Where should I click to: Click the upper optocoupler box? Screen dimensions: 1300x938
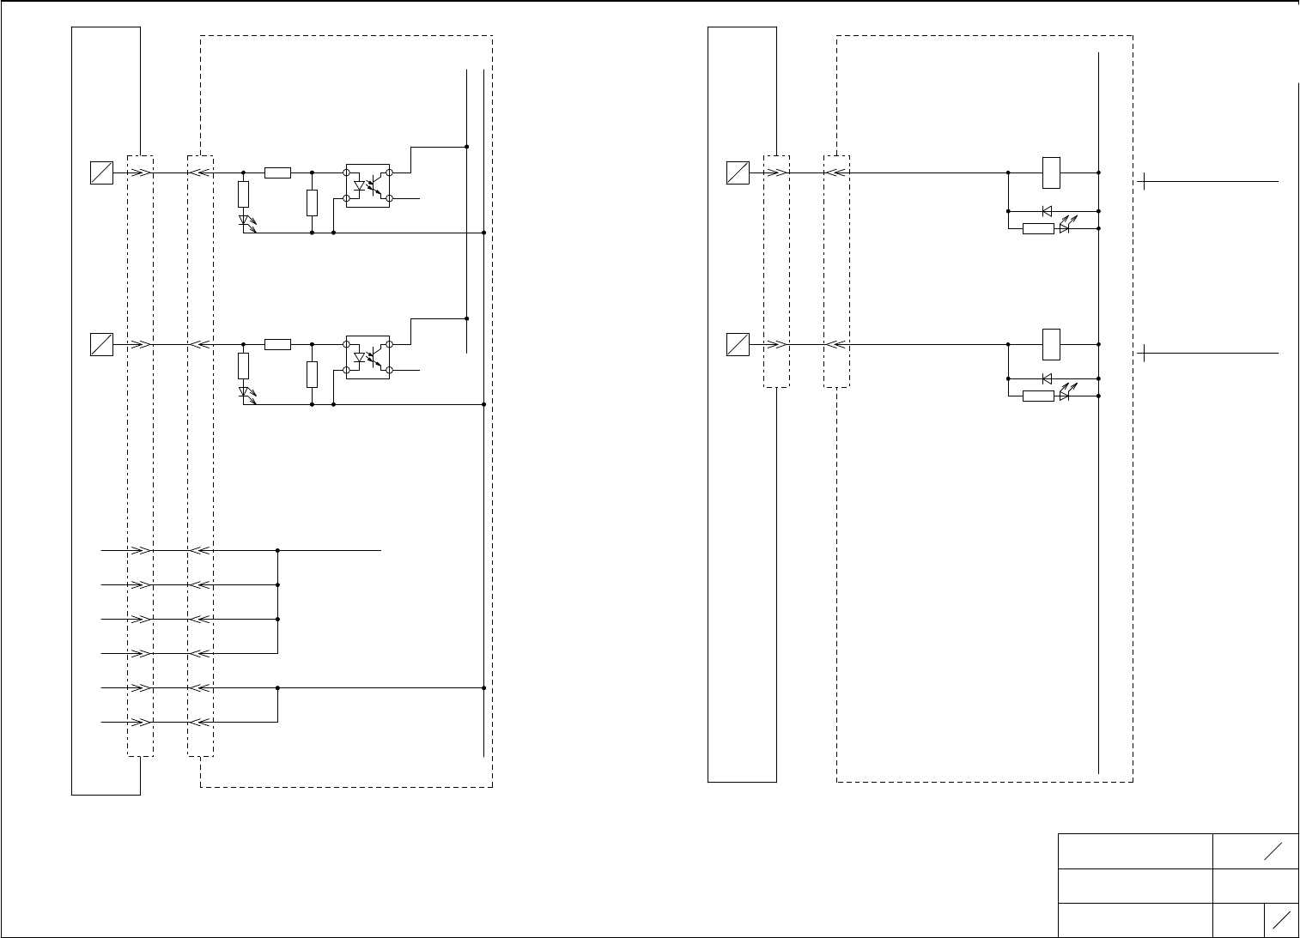click(368, 185)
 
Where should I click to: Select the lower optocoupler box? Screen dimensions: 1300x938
click(368, 357)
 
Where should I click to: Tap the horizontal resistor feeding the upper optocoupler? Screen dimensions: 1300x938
click(277, 172)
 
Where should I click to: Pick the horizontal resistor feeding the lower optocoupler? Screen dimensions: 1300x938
click(277, 344)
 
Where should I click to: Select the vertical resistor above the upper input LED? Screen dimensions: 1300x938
click(244, 193)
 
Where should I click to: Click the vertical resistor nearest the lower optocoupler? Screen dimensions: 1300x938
click(312, 374)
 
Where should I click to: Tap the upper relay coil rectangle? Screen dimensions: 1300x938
click(1051, 172)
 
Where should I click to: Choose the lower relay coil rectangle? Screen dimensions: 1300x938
click(1051, 344)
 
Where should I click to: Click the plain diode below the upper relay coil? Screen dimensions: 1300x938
click(1047, 210)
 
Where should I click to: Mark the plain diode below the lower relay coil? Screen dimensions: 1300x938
click(1047, 378)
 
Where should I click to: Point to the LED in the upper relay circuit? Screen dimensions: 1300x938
click(1064, 228)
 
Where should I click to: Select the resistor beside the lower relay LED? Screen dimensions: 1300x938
click(1038, 396)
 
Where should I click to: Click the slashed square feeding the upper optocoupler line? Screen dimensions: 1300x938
click(101, 172)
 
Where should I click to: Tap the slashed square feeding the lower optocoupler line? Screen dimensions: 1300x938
click(101, 344)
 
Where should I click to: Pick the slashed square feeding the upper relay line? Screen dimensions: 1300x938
click(737, 172)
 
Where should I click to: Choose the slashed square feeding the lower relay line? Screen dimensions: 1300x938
click(737, 344)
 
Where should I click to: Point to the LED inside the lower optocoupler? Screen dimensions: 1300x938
click(361, 357)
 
